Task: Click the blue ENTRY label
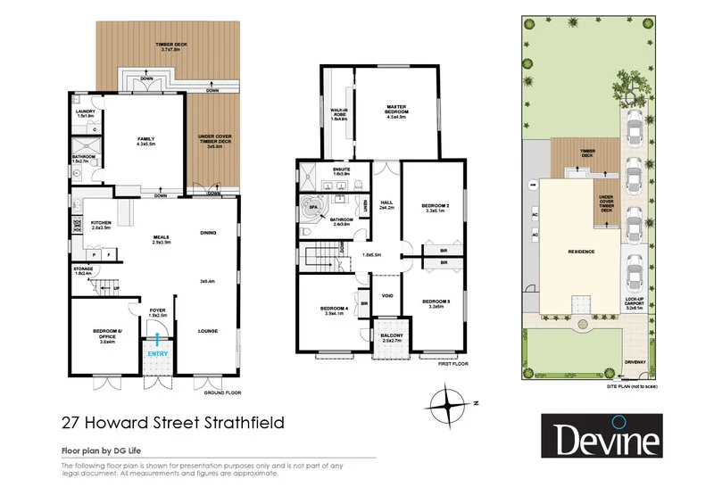coord(157,353)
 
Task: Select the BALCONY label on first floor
coord(391,335)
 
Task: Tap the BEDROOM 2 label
coord(436,206)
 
